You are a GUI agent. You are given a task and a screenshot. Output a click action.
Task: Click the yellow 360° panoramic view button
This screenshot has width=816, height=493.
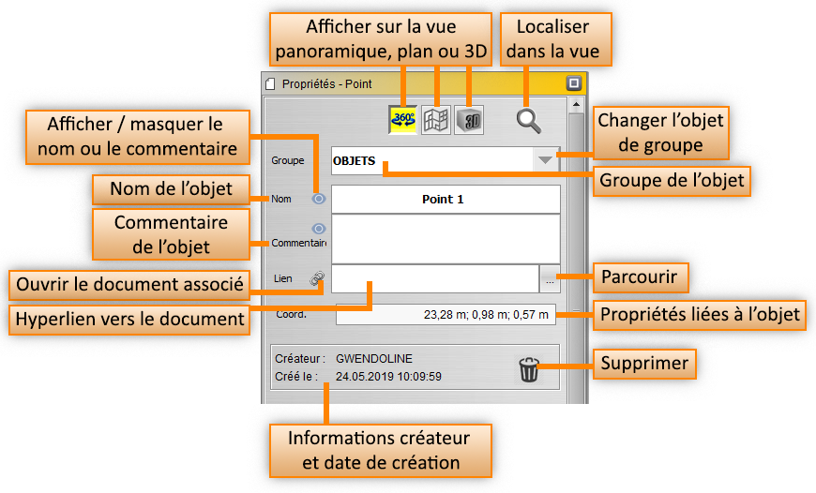coord(404,120)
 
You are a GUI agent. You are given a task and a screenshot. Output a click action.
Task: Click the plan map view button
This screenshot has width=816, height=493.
coord(436,120)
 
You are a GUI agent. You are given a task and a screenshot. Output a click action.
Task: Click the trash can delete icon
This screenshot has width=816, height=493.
coord(529,370)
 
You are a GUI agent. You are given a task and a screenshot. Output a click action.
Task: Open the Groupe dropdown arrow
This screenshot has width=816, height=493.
coord(545,160)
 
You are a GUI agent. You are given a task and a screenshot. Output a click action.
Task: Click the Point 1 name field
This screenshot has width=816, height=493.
coord(445,200)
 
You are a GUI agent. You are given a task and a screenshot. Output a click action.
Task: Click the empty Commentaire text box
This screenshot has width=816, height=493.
coord(445,238)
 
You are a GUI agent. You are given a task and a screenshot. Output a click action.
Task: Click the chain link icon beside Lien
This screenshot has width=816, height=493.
coord(318,278)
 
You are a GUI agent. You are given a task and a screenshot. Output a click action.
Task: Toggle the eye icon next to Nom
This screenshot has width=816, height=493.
coord(319,199)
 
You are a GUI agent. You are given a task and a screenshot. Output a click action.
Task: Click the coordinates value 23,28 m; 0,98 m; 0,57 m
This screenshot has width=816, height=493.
coord(486,314)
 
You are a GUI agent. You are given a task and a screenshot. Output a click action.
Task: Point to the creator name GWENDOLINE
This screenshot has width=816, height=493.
coord(374,359)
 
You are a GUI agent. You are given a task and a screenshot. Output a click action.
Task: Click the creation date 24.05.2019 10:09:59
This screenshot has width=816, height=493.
coord(388,377)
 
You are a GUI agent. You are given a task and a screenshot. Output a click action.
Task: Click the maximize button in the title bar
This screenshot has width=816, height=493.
coord(574,83)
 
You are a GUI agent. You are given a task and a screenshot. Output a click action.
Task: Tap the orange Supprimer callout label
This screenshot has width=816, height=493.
coord(644,363)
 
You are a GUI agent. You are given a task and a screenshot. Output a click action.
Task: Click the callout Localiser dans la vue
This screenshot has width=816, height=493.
coord(553,38)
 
